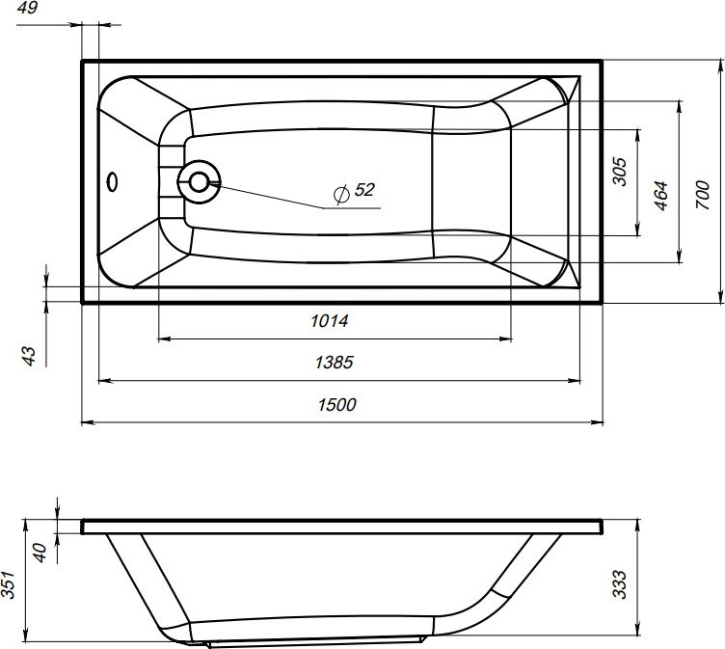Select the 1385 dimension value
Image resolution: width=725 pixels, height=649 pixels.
pos(335,363)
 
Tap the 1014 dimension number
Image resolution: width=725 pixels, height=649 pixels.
pos(329,321)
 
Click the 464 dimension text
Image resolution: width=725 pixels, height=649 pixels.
pos(661,196)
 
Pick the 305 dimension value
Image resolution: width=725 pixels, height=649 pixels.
pos(620,172)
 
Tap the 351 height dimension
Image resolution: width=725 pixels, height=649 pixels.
pos(9,585)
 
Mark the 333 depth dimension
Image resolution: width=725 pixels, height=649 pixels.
pos(620,582)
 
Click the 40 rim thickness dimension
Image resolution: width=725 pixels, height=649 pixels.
pos(40,553)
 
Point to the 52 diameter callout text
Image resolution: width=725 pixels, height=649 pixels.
pos(363,190)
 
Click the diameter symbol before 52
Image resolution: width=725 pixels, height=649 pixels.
pos(339,194)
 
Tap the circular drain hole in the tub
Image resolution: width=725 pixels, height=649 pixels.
pos(200,180)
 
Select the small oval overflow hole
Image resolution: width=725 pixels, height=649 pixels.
pos(113,181)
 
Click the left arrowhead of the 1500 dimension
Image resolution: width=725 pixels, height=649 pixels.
pos(85,422)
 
